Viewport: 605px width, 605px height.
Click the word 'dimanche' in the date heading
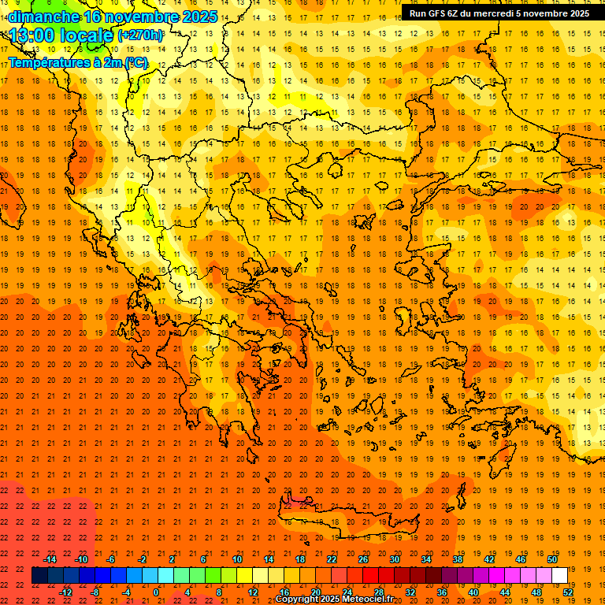(x=43, y=16)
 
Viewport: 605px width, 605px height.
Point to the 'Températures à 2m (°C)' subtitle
(x=77, y=62)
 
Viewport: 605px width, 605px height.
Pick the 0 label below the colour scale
(x=157, y=592)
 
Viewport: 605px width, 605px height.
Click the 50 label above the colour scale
(x=551, y=559)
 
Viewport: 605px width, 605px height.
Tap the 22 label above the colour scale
(x=331, y=559)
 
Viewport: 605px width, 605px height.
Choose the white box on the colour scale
(x=560, y=576)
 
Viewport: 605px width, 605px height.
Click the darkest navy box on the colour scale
(x=40, y=576)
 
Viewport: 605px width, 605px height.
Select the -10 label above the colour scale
(x=80, y=559)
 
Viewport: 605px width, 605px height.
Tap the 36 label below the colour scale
(x=442, y=592)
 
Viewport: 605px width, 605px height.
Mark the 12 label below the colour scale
(x=252, y=592)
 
